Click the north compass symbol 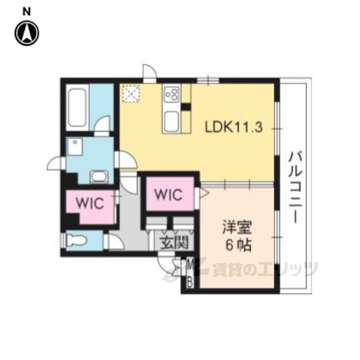pyautogui.click(x=27, y=33)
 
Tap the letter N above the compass pyautogui.click(x=26, y=12)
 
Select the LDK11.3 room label pyautogui.click(x=233, y=127)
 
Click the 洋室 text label pyautogui.click(x=237, y=227)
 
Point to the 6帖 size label pyautogui.click(x=238, y=245)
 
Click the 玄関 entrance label pyautogui.click(x=174, y=242)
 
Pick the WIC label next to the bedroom pyautogui.click(x=169, y=195)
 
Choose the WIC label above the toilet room pyautogui.click(x=90, y=203)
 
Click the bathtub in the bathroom pyautogui.click(x=78, y=107)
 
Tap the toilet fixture pyautogui.click(x=76, y=241)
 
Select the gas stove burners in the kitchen pyautogui.click(x=172, y=94)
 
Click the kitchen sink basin pyautogui.click(x=172, y=120)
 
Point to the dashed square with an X pyautogui.click(x=131, y=94)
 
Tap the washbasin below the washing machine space pyautogui.click(x=99, y=177)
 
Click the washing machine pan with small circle pyautogui.click(x=75, y=146)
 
